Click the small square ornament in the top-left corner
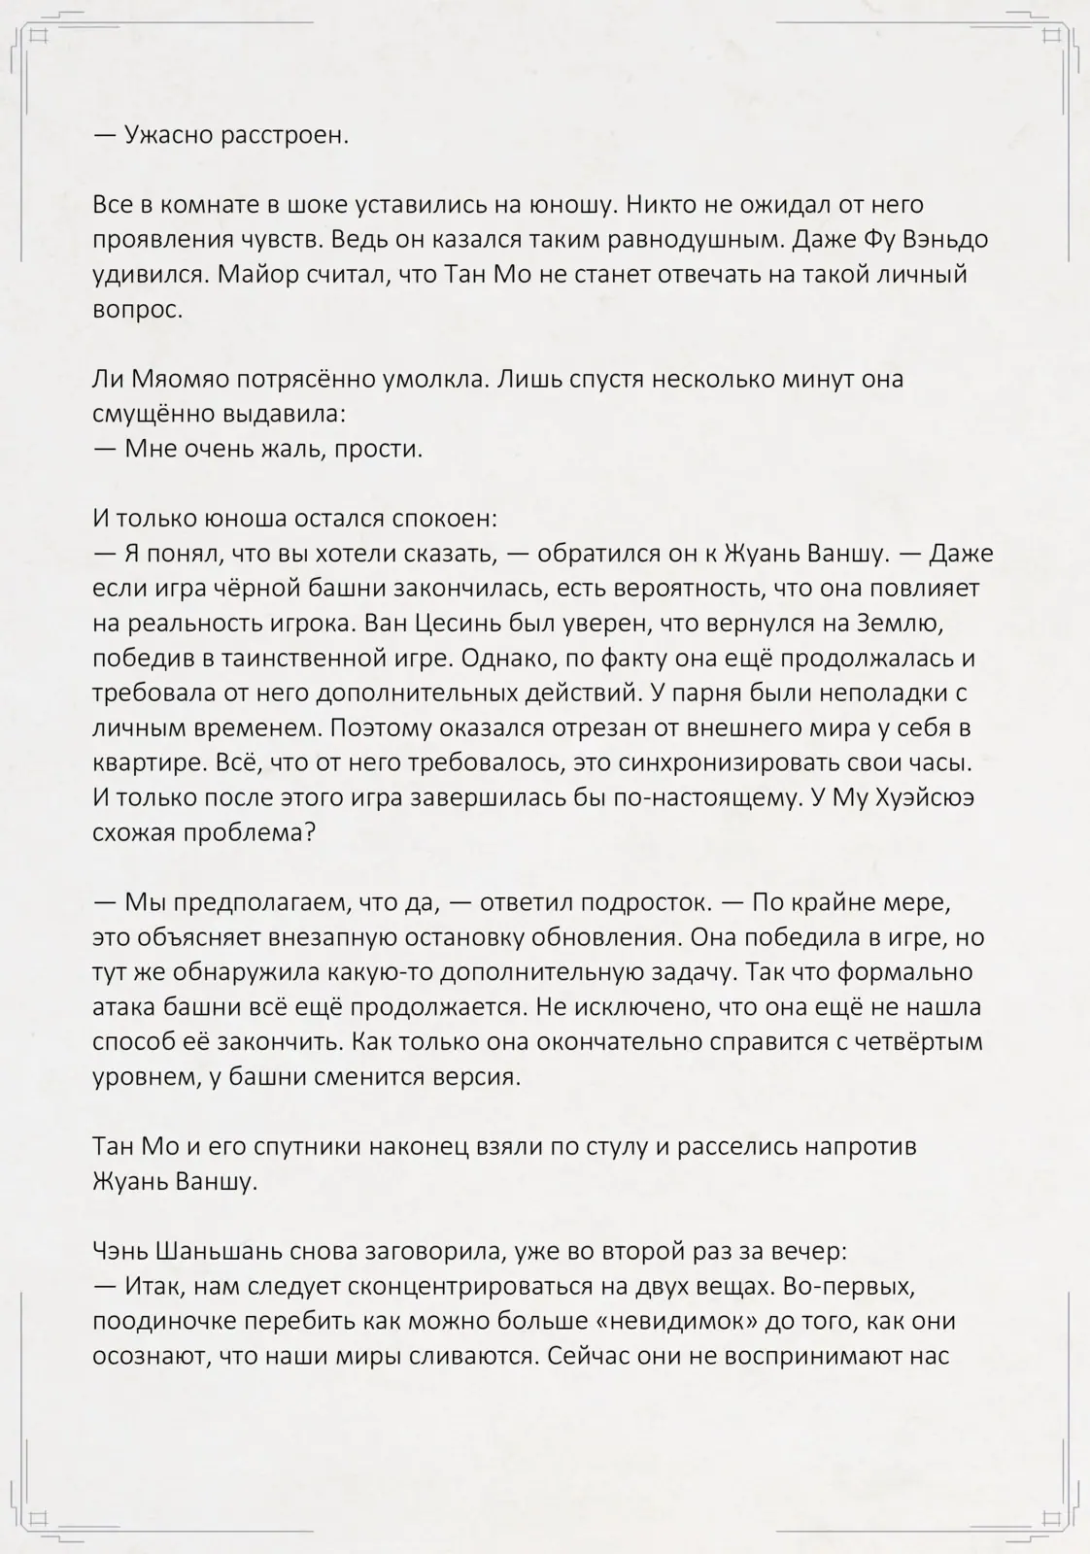[x=39, y=37]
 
